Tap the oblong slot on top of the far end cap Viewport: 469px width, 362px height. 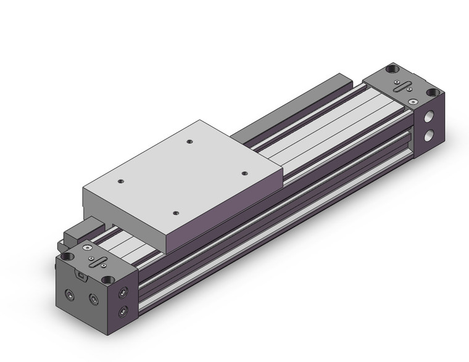click(408, 86)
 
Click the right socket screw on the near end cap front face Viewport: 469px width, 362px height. click(94, 300)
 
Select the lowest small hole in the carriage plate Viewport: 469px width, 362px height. click(176, 214)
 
